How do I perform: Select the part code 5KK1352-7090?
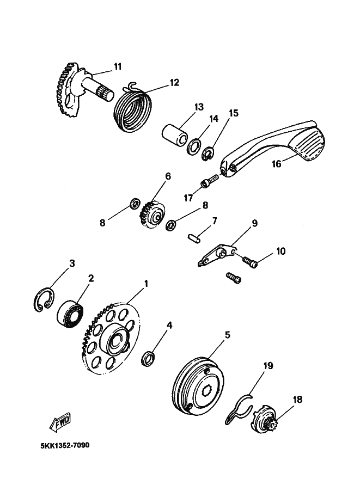pyautogui.click(x=65, y=445)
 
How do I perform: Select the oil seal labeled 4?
pyautogui.click(x=148, y=358)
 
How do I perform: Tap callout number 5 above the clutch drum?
pyautogui.click(x=228, y=334)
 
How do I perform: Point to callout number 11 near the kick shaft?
pyautogui.click(x=117, y=66)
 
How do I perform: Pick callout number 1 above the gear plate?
pyautogui.click(x=145, y=283)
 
